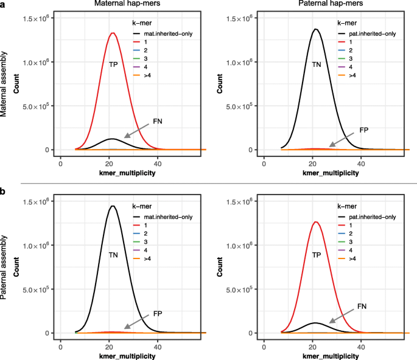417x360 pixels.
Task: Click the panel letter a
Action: tap(4, 5)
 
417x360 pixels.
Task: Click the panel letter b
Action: tap(4, 191)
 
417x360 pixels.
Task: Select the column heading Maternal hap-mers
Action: tap(128, 5)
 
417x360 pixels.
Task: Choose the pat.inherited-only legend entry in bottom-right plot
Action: tap(365, 217)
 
